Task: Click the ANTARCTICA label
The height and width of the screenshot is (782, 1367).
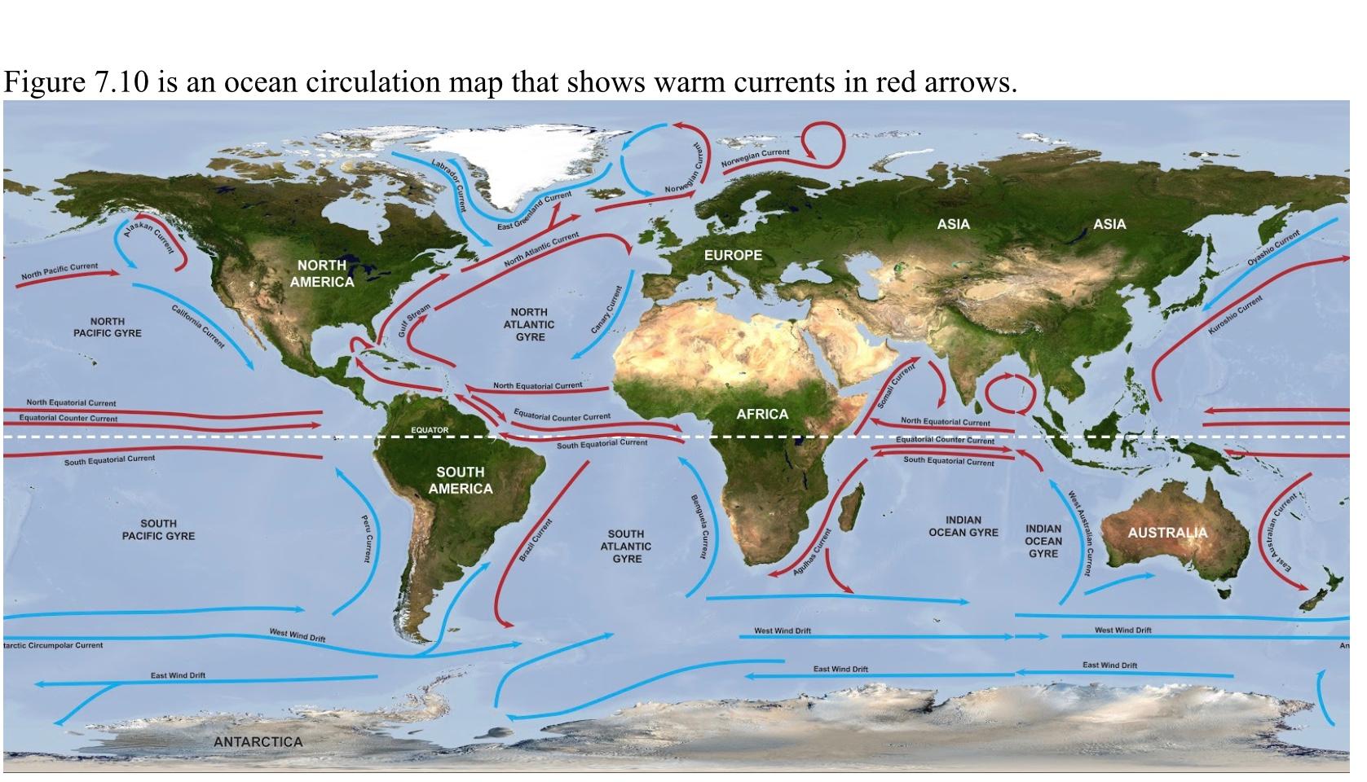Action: point(258,742)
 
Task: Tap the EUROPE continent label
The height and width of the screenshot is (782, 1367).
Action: point(733,255)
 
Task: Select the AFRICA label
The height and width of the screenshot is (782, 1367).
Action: point(762,414)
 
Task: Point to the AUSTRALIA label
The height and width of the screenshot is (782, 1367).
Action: point(1167,533)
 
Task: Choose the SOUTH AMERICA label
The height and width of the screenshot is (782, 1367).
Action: point(460,480)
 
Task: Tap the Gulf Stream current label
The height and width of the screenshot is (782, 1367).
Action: point(414,321)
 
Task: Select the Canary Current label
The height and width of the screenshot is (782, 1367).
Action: point(607,310)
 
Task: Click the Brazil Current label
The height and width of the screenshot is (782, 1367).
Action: point(536,539)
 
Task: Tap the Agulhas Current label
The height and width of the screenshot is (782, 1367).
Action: point(812,552)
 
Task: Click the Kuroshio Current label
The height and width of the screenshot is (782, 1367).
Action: point(1235,315)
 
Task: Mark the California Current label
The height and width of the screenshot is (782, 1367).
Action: point(198,326)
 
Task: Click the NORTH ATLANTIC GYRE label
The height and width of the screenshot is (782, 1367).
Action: point(530,324)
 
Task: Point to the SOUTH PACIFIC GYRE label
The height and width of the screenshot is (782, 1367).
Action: point(158,529)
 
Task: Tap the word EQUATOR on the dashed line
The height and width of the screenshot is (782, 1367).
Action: point(430,429)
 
